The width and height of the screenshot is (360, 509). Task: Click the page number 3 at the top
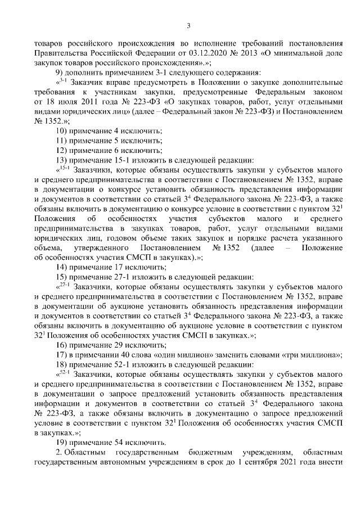[x=188, y=25]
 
